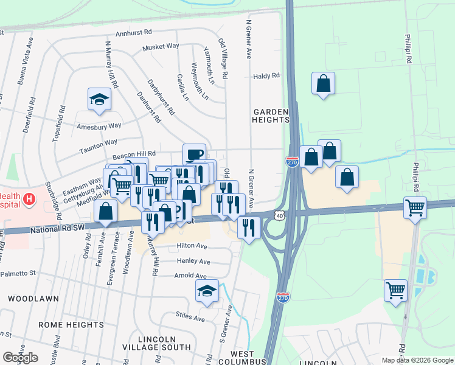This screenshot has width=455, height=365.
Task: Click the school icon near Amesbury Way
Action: (99, 99)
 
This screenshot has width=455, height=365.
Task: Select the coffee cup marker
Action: (194, 155)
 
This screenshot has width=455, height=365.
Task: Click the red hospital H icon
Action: (29, 198)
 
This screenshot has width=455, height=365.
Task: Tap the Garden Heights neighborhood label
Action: (271, 116)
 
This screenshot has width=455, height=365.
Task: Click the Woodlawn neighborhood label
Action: (33, 299)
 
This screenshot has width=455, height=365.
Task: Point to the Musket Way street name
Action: (161, 46)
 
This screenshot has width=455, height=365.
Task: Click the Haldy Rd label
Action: (266, 76)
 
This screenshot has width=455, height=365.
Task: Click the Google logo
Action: (20, 358)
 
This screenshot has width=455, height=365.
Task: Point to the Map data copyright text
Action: (417, 360)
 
